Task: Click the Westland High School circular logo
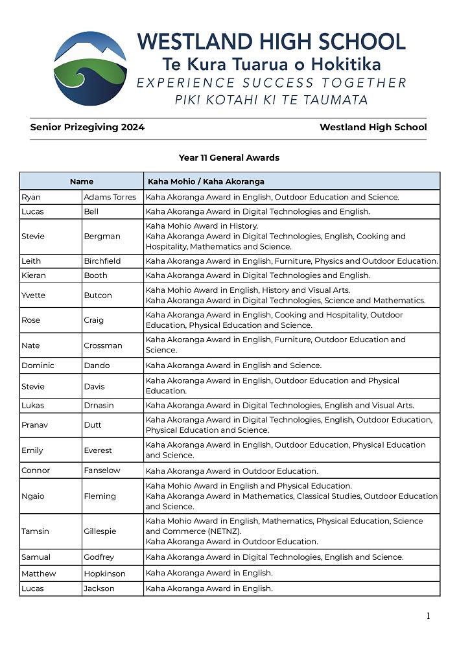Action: point(90,68)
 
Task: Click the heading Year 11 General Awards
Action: point(229,157)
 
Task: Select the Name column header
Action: point(82,181)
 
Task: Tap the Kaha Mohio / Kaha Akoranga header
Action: point(206,181)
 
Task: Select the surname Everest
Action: point(98,450)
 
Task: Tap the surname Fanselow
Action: point(102,470)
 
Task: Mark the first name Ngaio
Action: point(31,496)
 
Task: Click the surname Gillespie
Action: point(100,531)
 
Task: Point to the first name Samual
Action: point(36,557)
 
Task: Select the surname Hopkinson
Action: point(104,573)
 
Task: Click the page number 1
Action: point(428,616)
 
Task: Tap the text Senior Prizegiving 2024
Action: point(88,128)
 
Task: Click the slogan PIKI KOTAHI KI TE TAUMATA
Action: point(272,100)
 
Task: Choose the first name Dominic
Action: point(38,365)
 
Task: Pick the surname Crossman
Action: point(103,345)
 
